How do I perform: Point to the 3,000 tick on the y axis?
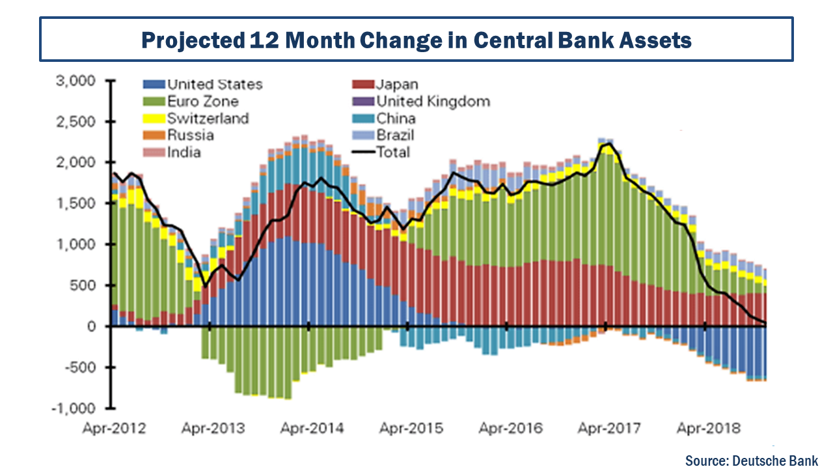point(77,81)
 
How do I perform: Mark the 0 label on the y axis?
point(92,326)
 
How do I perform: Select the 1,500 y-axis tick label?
point(77,204)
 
